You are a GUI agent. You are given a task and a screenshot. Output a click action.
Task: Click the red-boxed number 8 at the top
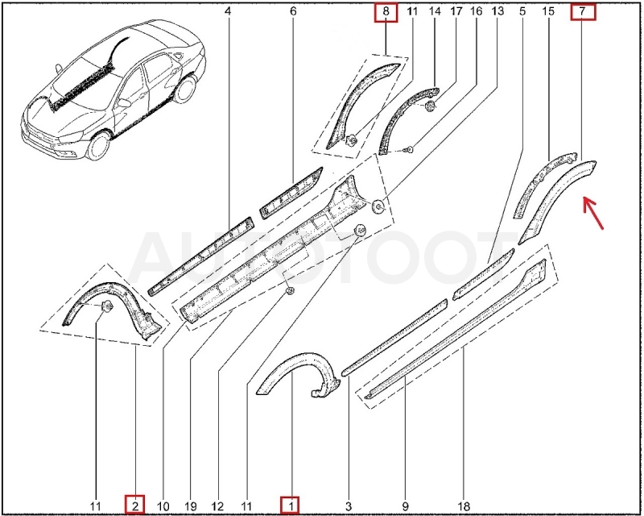click(x=386, y=12)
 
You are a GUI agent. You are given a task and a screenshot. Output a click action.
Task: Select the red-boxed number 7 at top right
click(x=583, y=11)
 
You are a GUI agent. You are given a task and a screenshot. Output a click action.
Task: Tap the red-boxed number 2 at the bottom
click(x=134, y=505)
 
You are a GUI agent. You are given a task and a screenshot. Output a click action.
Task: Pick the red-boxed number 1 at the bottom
click(x=290, y=505)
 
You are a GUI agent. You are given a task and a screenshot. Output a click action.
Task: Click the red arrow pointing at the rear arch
click(x=593, y=213)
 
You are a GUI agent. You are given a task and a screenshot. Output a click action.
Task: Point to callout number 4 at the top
click(x=228, y=11)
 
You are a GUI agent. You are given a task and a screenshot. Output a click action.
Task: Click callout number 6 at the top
click(x=293, y=11)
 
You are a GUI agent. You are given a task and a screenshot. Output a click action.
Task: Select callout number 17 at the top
click(x=456, y=11)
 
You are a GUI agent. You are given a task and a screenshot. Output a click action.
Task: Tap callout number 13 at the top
click(x=497, y=11)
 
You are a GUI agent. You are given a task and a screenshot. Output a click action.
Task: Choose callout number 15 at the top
click(x=548, y=11)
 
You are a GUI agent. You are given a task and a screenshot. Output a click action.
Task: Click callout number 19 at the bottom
click(x=191, y=506)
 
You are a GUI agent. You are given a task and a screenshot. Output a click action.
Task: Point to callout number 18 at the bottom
click(x=464, y=506)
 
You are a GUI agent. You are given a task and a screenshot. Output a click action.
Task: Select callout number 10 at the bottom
click(x=163, y=506)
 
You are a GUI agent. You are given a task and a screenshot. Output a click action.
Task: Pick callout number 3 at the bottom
click(x=349, y=506)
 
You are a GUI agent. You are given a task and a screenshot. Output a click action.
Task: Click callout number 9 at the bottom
click(x=406, y=506)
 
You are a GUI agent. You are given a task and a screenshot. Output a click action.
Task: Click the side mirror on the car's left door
click(x=123, y=102)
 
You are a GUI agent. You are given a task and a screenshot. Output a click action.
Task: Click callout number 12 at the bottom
click(x=217, y=506)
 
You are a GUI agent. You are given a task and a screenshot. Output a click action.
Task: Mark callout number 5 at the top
click(x=522, y=11)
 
